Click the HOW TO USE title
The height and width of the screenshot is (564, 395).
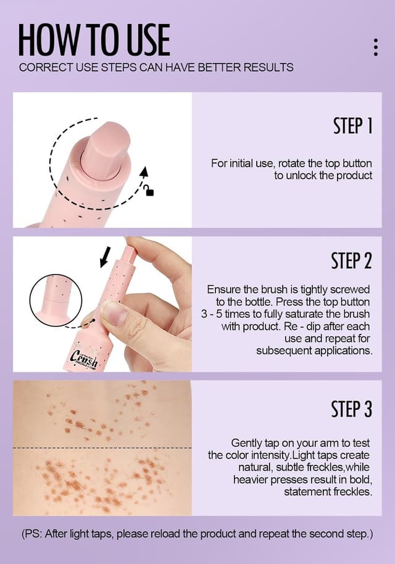[94, 39]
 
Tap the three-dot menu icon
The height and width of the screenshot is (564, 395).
[376, 47]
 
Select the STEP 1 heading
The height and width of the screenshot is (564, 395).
[352, 126]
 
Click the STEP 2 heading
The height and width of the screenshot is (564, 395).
[351, 261]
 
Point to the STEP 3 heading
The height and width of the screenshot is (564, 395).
[351, 409]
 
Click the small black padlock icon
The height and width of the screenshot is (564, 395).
[149, 191]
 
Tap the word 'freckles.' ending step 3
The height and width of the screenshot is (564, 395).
[352, 492]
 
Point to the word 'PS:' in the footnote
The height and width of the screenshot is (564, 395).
[33, 534]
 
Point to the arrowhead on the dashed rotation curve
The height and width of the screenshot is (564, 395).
[144, 172]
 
